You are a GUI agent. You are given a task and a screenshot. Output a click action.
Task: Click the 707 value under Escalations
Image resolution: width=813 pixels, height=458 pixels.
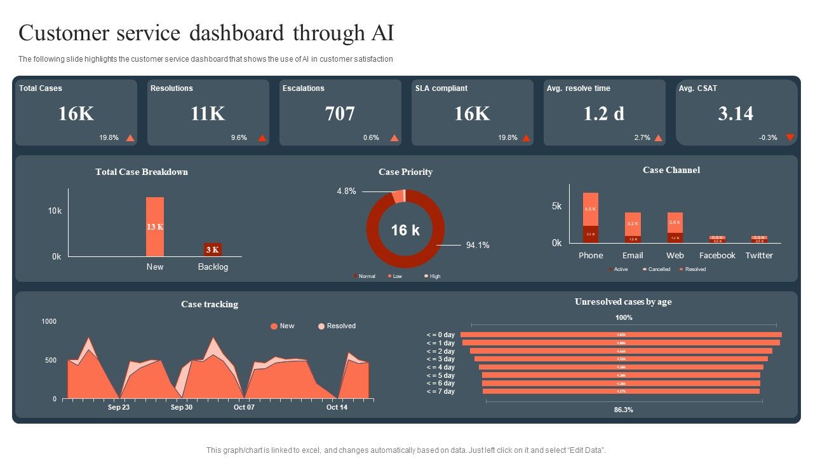pos(340,114)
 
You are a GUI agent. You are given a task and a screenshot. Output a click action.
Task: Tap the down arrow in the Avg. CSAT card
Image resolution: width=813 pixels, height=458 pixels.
pos(790,137)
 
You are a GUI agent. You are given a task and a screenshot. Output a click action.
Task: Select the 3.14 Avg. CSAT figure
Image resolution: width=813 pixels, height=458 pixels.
pos(736,114)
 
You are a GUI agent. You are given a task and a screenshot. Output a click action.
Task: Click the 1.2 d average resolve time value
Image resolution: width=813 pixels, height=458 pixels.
pos(604,114)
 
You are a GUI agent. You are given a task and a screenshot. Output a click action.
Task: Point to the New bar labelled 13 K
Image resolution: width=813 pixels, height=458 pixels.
pos(155,226)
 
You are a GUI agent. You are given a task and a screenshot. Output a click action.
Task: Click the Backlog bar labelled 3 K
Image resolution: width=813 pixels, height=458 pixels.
pos(212,249)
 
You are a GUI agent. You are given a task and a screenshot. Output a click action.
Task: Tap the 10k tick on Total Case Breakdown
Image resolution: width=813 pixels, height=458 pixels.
pos(55,211)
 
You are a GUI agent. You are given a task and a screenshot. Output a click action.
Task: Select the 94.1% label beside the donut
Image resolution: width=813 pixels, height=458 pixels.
pos(478,245)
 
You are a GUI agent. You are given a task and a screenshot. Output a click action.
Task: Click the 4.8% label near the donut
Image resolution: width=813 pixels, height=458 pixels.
pos(346,191)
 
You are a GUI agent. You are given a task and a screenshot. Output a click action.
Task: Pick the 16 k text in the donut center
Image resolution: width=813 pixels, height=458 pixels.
pos(405,230)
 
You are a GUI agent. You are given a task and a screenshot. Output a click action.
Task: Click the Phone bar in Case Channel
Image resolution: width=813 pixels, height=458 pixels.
pos(591,218)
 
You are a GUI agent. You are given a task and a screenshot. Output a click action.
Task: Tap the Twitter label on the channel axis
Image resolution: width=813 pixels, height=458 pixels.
pos(759,256)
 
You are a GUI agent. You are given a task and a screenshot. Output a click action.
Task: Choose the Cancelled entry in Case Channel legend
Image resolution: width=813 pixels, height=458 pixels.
pos(659,269)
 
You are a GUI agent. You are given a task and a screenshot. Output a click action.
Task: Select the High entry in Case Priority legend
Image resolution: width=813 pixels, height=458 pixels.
pos(434,276)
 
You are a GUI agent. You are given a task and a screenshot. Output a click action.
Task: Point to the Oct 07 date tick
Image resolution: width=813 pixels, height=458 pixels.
pos(244,407)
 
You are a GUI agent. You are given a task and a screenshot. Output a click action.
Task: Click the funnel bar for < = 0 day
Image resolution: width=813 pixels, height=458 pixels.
pos(621,335)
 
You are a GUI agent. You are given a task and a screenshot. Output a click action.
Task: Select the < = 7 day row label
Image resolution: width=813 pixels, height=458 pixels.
pos(441,391)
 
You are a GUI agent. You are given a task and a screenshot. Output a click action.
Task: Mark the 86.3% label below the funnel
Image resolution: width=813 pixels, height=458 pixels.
pos(623,410)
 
